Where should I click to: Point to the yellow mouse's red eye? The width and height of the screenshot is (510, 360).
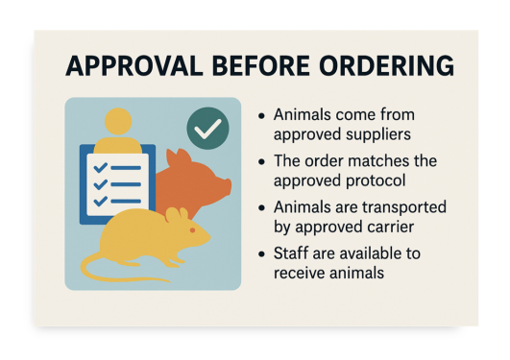pyautogui.click(x=192, y=230)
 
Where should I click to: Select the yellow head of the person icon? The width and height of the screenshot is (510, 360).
pyautogui.click(x=118, y=121)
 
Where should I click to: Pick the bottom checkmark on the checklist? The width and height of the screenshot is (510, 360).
pyautogui.click(x=100, y=201)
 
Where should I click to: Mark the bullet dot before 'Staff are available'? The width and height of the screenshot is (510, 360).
pyautogui.click(x=262, y=254)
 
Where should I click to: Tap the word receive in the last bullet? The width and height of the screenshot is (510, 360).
pyautogui.click(x=303, y=274)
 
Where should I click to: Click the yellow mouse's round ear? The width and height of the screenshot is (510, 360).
pyautogui.click(x=173, y=217)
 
